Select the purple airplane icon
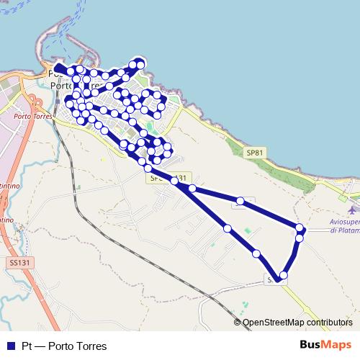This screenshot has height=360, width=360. pos(351,210)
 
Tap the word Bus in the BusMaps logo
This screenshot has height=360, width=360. pos(310,346)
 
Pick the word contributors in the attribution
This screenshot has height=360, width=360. pos(330,323)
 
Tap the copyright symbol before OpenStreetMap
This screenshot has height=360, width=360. pos(238,323)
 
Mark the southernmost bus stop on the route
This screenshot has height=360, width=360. pos(284,275)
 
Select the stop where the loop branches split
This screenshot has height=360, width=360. pos(174,181)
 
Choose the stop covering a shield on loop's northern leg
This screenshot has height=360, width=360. pos(243,202)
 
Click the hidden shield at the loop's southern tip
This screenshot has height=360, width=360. pos(274,279)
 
